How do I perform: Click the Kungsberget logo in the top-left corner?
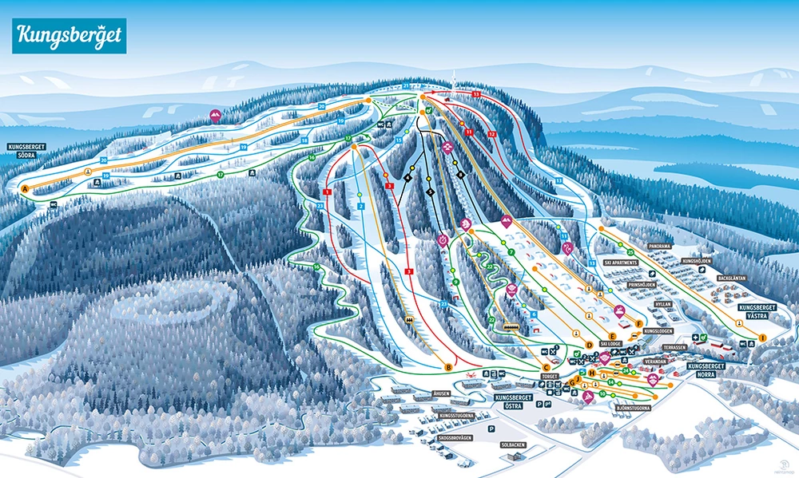69,36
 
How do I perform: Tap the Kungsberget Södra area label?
26,151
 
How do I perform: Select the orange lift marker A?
25,189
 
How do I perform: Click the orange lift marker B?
448,367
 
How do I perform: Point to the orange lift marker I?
762,338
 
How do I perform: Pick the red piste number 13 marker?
476,94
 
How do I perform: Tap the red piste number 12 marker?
491,133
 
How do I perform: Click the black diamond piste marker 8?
460,175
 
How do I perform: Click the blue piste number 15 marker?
397,140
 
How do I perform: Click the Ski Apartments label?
620,262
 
